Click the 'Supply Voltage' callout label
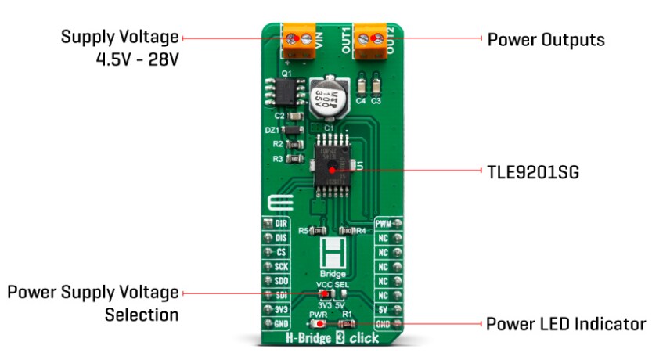point(120,37)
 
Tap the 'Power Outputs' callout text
point(546,39)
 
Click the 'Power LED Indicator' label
point(565,323)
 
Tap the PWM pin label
point(384,224)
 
